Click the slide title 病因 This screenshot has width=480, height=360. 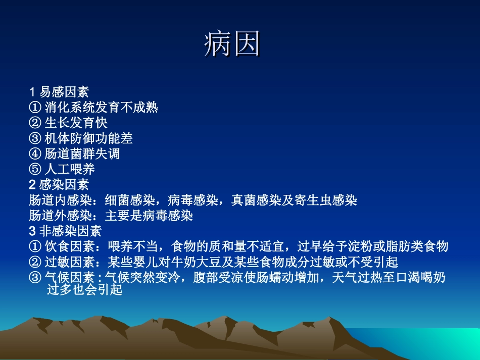click(x=232, y=45)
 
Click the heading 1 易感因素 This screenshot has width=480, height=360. click(x=59, y=92)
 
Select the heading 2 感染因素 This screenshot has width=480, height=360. click(x=59, y=184)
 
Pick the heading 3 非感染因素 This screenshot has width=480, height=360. click(x=65, y=231)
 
